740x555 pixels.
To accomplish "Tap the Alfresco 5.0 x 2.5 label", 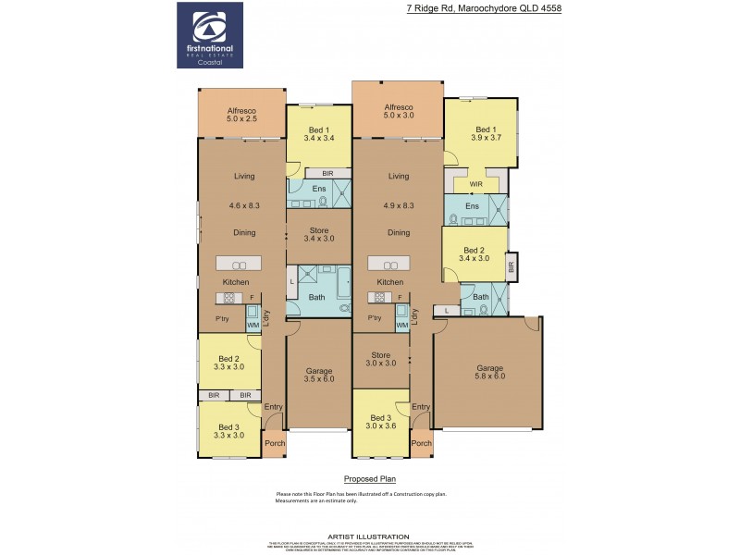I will pyautogui.click(x=241, y=115).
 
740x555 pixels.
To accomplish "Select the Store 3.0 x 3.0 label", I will pyautogui.click(x=381, y=359).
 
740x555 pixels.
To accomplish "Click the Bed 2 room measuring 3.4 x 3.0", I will pyautogui.click(x=474, y=255).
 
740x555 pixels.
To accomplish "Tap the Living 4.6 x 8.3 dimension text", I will pyautogui.click(x=243, y=207).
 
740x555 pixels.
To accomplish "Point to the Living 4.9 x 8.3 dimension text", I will pyautogui.click(x=398, y=207).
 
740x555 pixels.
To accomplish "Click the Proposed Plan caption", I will pyautogui.click(x=369, y=479).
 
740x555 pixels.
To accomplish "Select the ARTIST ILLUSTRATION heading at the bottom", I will pyautogui.click(x=370, y=536).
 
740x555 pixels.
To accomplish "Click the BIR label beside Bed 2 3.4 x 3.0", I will pyautogui.click(x=512, y=266).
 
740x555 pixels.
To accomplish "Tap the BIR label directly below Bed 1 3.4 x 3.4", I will pyautogui.click(x=327, y=173).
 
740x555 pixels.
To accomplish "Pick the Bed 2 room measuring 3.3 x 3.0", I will pyautogui.click(x=229, y=363).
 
